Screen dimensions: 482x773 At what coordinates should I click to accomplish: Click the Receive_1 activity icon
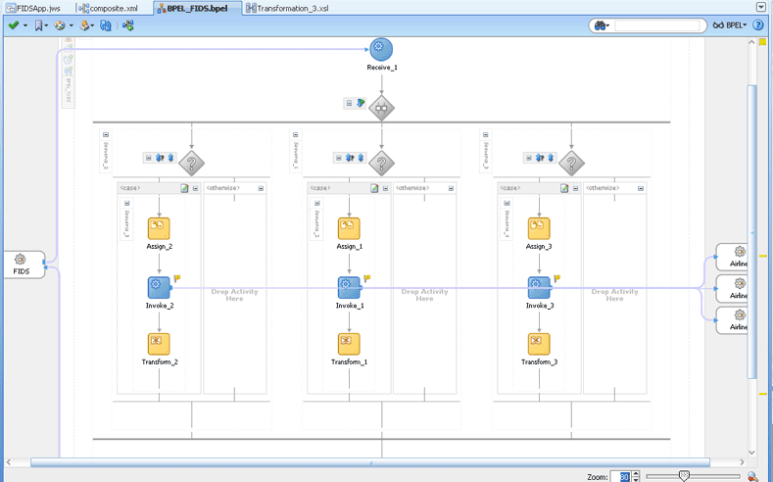coord(381,49)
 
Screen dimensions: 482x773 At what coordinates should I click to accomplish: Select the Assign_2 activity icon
coord(159,228)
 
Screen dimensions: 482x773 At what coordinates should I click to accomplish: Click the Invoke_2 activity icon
coord(159,287)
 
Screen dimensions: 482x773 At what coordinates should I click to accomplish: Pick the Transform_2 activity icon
coord(159,344)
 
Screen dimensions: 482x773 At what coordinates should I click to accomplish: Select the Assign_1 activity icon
coord(349,228)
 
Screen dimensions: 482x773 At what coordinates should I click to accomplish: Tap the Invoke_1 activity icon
coord(349,287)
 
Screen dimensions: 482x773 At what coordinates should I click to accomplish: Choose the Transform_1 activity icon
coord(349,344)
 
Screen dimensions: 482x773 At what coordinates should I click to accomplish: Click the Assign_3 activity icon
coord(539,228)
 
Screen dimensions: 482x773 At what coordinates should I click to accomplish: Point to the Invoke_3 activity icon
coord(539,287)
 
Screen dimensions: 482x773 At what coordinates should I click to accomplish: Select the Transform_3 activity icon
coord(539,344)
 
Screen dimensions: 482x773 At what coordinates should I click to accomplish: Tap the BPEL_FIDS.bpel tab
coord(196,8)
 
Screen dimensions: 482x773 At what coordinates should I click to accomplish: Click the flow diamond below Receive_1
coord(381,108)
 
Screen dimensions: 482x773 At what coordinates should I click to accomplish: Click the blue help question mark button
coord(758,25)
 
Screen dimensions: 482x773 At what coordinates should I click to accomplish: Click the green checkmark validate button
coord(13,25)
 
